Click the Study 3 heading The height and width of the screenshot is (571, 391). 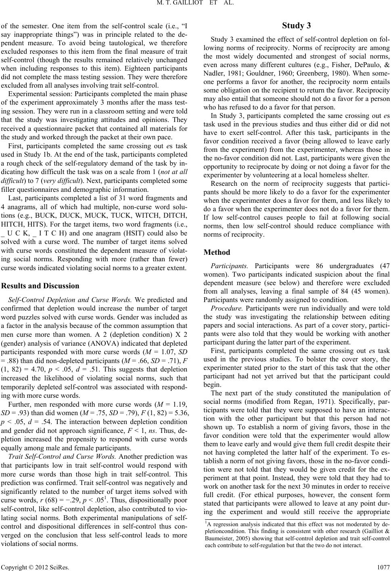pyautogui.click(x=297, y=26)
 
